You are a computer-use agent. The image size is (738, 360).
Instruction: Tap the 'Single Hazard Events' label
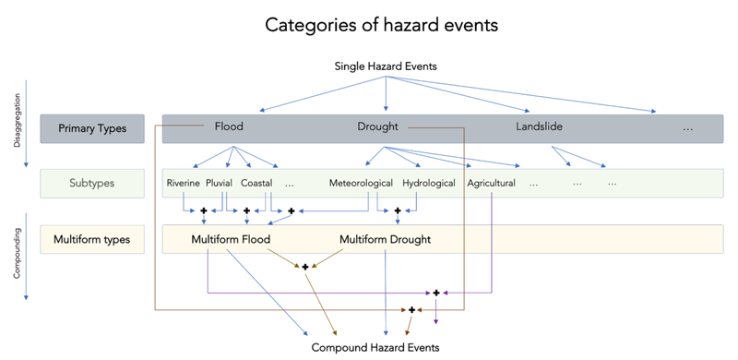click(x=385, y=66)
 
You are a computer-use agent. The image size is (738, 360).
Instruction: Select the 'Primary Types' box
click(x=92, y=127)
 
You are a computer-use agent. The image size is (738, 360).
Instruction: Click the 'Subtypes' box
click(x=92, y=183)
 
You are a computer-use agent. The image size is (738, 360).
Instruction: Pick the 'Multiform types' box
click(x=92, y=240)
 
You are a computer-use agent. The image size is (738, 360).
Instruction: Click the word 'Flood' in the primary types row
click(x=229, y=126)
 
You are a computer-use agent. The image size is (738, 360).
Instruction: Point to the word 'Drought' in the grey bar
click(x=378, y=126)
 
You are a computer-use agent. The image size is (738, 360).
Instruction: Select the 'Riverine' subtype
click(x=184, y=183)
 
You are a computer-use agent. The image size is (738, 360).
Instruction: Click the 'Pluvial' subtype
click(x=220, y=183)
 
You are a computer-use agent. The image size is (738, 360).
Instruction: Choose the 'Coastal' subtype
click(x=256, y=183)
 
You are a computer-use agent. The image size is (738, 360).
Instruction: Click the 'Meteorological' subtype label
click(x=361, y=183)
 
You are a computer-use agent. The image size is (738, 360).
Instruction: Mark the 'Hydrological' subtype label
click(x=429, y=183)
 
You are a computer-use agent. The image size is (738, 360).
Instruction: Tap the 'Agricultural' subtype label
click(x=491, y=183)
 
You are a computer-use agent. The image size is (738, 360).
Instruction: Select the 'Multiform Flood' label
click(x=231, y=240)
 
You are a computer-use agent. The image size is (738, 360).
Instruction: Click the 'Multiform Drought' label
click(x=385, y=240)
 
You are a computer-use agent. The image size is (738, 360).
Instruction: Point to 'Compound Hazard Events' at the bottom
click(x=375, y=347)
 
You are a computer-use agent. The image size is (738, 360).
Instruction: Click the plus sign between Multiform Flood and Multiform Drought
click(x=304, y=267)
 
